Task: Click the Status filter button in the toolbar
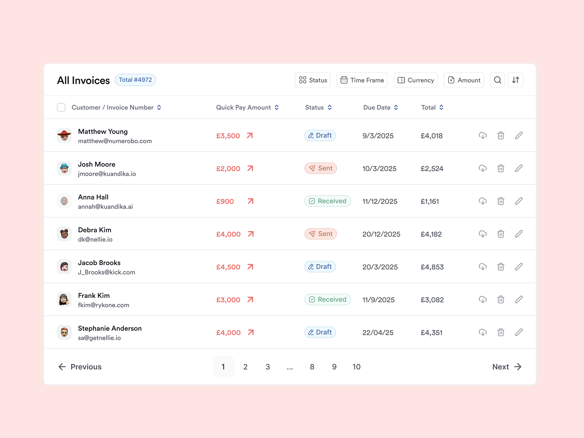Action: (x=313, y=80)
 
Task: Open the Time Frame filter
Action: (x=362, y=80)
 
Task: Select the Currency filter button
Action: (x=415, y=80)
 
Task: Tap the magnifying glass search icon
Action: (x=497, y=80)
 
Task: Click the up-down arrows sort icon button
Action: (x=515, y=80)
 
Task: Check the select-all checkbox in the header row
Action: (x=61, y=107)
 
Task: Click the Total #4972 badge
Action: (x=135, y=80)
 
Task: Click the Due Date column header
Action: (x=380, y=107)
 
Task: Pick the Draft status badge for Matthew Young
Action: (x=320, y=135)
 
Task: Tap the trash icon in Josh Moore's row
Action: (x=501, y=168)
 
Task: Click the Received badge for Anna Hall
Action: (x=327, y=201)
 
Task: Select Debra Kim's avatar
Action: (x=64, y=234)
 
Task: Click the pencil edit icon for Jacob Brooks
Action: (x=519, y=267)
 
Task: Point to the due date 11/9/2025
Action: (x=379, y=300)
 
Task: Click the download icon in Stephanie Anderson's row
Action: (x=483, y=333)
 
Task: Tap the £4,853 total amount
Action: (x=432, y=267)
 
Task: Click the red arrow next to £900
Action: (x=250, y=201)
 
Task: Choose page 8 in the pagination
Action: (x=312, y=367)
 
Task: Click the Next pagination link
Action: (x=507, y=367)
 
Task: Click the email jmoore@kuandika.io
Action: (x=107, y=174)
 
